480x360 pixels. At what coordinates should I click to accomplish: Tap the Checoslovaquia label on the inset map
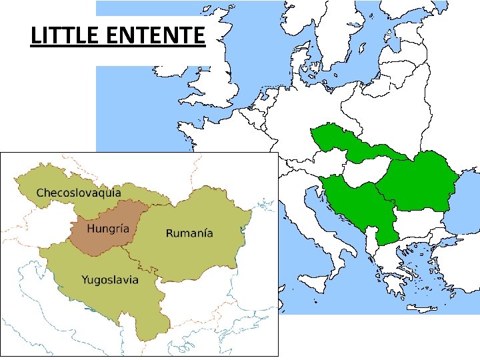[x=78, y=193]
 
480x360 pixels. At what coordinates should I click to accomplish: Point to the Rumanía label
[x=189, y=233]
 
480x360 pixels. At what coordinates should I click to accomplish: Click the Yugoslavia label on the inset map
[x=110, y=279]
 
